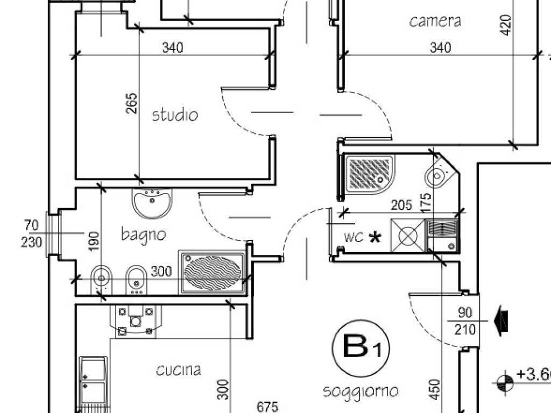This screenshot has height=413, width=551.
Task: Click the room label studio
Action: pyautogui.click(x=175, y=115)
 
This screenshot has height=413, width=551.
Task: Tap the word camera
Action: pyautogui.click(x=435, y=22)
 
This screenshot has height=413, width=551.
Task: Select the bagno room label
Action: pyautogui.click(x=143, y=234)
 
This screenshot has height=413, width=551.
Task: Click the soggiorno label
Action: pyautogui.click(x=361, y=390)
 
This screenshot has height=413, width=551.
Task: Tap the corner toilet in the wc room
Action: pyautogui.click(x=437, y=174)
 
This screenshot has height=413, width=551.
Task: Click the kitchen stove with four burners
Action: pyautogui.click(x=133, y=321)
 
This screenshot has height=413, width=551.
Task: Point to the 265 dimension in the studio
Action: pyautogui.click(x=132, y=103)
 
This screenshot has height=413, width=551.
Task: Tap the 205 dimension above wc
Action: pyautogui.click(x=401, y=205)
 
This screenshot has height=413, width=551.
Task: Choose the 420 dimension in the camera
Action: pyautogui.click(x=506, y=24)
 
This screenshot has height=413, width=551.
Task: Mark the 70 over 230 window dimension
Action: pyautogui.click(x=31, y=233)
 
